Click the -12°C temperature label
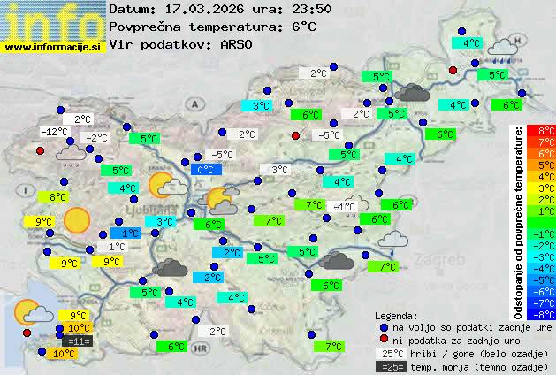click(x=56, y=132)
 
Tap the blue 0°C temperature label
click(x=205, y=170)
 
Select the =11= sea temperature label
click(x=78, y=341)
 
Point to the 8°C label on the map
click(x=58, y=197)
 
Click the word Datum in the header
click(x=131, y=9)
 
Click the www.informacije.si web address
click(x=53, y=47)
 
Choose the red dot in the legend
click(x=383, y=341)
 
